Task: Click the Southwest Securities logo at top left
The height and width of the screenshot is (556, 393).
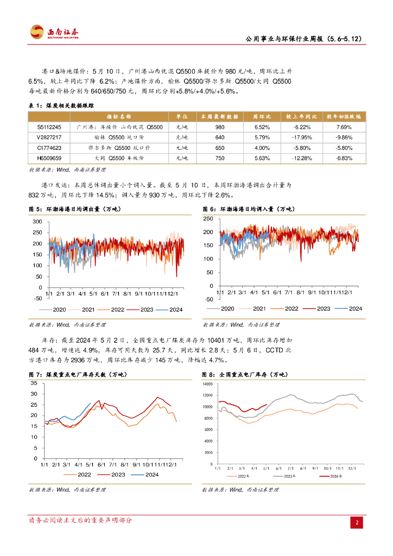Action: [54, 33]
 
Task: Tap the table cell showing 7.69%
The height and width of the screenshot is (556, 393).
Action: [345, 127]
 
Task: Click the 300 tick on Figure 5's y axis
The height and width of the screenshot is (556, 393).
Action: [37, 222]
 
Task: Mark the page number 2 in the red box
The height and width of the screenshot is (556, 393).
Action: [357, 523]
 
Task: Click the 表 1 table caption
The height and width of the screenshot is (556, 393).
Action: [64, 105]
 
